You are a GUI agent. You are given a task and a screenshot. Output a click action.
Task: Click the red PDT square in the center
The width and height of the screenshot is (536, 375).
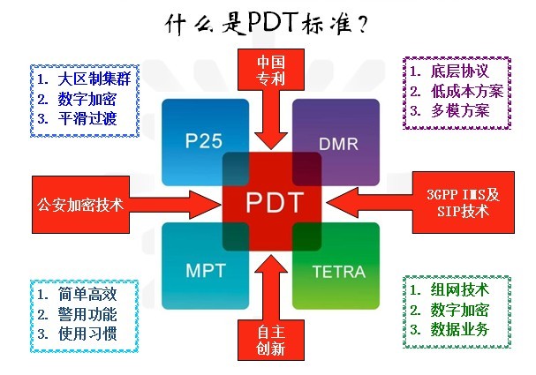coord(270,201)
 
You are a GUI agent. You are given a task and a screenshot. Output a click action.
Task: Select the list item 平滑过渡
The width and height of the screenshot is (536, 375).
coord(87,117)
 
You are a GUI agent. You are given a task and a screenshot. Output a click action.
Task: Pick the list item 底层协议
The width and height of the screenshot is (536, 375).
coord(460,70)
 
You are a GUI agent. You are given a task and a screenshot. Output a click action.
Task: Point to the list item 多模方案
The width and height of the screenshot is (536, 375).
coord(460,112)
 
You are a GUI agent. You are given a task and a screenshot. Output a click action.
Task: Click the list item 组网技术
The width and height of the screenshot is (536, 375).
coord(460,289)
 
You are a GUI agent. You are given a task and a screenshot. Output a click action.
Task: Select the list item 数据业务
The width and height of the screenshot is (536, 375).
coord(460,331)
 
